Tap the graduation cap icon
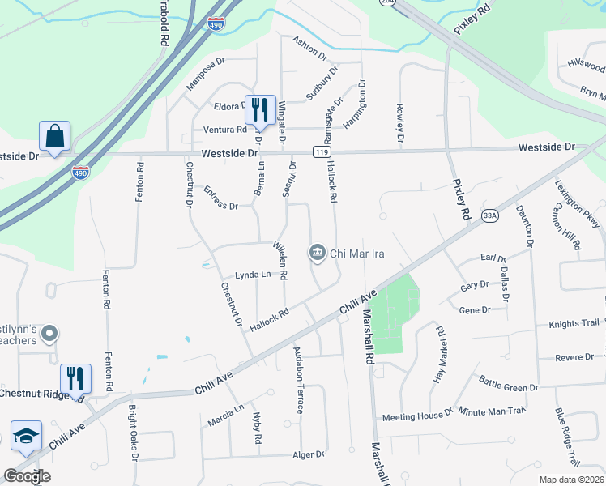[x=27, y=435]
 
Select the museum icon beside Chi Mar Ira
[x=317, y=254]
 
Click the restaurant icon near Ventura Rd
[x=260, y=109]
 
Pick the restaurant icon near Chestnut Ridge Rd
[x=76, y=378]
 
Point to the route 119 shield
[x=322, y=151]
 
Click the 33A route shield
[x=489, y=215]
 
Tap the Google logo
[x=27, y=475]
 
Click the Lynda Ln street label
[x=253, y=275]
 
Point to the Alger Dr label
[x=308, y=455]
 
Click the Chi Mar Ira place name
[x=356, y=254]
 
